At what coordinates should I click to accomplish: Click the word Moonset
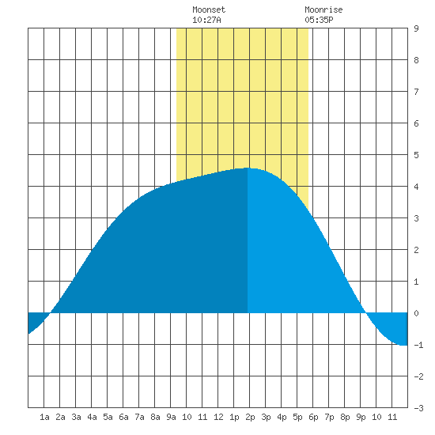(209, 9)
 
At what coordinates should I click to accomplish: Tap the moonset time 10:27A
(206, 20)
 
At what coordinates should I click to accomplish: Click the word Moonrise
(323, 9)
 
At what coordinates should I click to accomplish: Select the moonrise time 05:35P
(319, 20)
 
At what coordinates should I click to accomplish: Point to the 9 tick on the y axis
(416, 28)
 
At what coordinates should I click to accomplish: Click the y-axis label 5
(416, 155)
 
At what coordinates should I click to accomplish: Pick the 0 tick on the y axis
(416, 313)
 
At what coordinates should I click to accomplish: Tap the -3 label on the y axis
(418, 408)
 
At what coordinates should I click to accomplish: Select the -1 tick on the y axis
(418, 345)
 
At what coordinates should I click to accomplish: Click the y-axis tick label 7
(416, 92)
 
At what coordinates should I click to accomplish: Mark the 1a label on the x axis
(44, 417)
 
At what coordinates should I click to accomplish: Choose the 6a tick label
(123, 417)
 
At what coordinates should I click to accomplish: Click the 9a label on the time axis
(171, 417)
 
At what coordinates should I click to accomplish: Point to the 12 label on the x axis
(218, 417)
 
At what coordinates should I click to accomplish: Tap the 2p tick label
(250, 417)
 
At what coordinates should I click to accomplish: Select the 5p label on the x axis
(297, 417)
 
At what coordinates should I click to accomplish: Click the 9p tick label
(361, 417)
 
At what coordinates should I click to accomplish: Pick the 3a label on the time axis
(76, 417)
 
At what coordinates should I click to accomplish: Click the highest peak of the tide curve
(247, 168)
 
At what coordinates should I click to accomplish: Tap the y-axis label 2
(416, 250)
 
